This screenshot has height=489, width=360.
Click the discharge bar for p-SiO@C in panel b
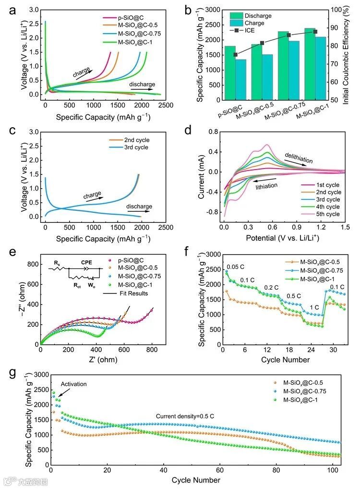pyautogui.click(x=230, y=73)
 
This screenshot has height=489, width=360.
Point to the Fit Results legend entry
pyautogui.click(x=134, y=293)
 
